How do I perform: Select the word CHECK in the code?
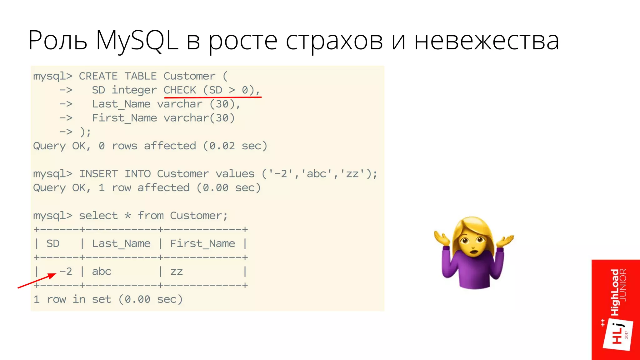tap(180, 90)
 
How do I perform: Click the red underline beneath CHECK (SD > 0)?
tap(212, 97)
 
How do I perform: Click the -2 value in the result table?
tap(66, 271)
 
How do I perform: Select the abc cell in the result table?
tap(102, 271)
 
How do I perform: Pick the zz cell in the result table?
tap(177, 272)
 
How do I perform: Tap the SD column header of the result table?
tap(53, 243)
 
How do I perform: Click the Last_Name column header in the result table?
tap(121, 243)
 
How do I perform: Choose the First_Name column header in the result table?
tap(202, 243)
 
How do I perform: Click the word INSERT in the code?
tap(98, 174)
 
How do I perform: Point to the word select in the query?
tap(98, 216)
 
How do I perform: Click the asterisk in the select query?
tap(127, 216)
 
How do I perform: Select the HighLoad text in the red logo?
tap(615, 292)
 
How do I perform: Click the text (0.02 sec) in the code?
tap(235, 146)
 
